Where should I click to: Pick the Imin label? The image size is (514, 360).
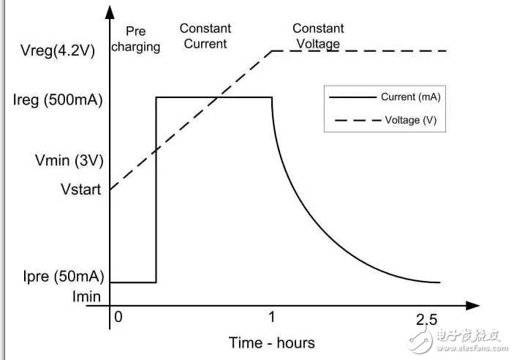pyautogui.click(x=86, y=297)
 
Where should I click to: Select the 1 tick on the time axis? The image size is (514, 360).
pyautogui.click(x=272, y=319)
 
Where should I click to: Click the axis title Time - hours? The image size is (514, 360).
pyautogui.click(x=271, y=342)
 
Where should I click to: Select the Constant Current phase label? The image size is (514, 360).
pyautogui.click(x=205, y=36)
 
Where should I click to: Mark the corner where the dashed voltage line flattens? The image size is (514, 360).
pyautogui.click(x=272, y=50)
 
